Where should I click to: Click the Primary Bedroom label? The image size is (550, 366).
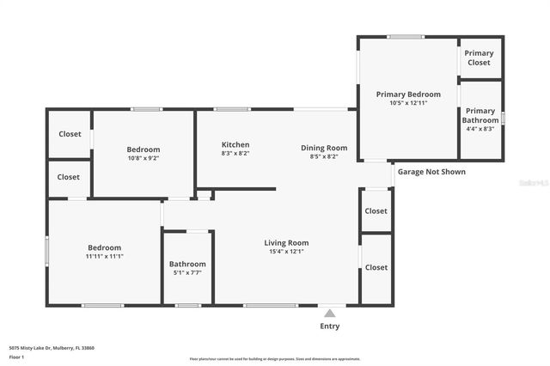click(x=408, y=94)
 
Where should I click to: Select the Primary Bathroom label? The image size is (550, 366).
click(x=480, y=115)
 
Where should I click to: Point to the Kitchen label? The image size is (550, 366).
click(x=235, y=144)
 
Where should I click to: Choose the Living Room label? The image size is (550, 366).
click(x=286, y=243)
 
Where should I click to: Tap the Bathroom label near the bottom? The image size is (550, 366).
click(x=187, y=264)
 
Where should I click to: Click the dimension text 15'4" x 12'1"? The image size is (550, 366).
click(x=286, y=252)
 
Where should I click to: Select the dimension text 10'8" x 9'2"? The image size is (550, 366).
click(x=144, y=158)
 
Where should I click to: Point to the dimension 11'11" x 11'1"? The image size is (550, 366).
click(x=104, y=256)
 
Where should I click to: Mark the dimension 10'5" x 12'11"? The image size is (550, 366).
click(x=408, y=103)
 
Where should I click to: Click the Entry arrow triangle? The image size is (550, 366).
click(x=330, y=313)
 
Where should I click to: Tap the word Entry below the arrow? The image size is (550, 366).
click(x=330, y=326)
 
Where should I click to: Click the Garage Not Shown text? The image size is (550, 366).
click(x=431, y=172)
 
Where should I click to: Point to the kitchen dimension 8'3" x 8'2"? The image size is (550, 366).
click(x=235, y=154)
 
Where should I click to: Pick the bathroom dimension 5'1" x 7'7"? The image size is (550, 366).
click(x=187, y=273)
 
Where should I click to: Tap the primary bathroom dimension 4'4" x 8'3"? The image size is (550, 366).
click(x=480, y=129)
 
